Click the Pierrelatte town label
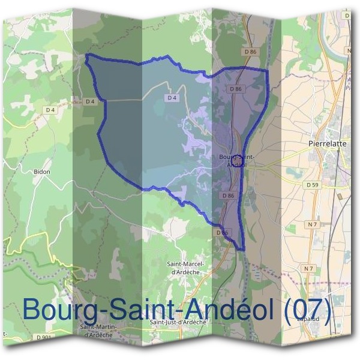(327, 144)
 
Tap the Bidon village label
(42, 171)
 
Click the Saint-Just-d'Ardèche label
(178, 322)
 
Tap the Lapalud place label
(308, 319)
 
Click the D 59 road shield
(311, 185)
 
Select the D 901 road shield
(43, 338)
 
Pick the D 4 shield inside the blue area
(172, 97)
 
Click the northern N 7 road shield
(311, 224)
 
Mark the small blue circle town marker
(236, 161)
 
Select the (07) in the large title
(307, 310)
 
